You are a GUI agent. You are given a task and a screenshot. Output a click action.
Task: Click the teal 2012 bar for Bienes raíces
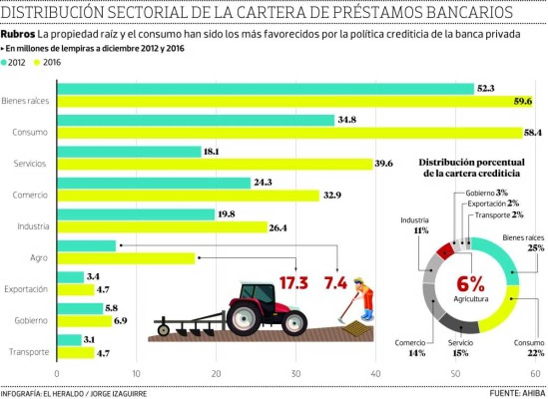pyautogui.click(x=265, y=89)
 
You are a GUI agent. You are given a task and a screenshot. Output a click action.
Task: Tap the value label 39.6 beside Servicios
pyautogui.click(x=384, y=164)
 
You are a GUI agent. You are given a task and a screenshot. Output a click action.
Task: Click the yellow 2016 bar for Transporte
pyautogui.click(x=75, y=353)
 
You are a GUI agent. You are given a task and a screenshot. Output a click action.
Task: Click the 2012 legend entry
pyautogui.click(x=13, y=63)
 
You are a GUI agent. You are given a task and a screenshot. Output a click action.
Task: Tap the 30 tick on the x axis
pyautogui.click(x=296, y=373)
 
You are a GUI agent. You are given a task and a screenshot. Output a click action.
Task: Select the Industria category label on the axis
pyautogui.click(x=32, y=226)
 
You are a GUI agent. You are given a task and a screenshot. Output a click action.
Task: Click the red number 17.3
pyautogui.click(x=294, y=283)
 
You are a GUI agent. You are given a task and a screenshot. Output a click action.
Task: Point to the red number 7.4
pyautogui.click(x=336, y=283)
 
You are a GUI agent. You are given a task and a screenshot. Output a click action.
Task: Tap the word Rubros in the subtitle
pyautogui.click(x=18, y=35)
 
